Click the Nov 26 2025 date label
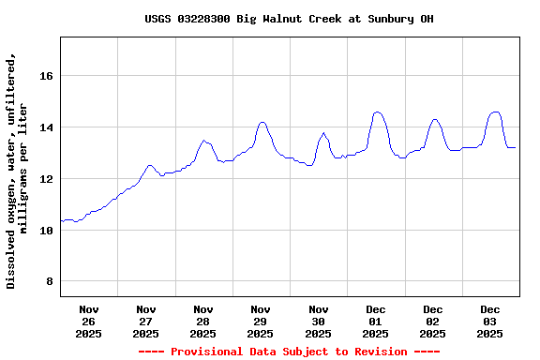(x=89, y=321)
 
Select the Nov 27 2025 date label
(x=146, y=321)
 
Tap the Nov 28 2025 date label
(x=203, y=321)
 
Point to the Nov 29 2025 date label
(x=261, y=321)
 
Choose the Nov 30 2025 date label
(x=319, y=321)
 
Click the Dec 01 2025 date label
(x=376, y=321)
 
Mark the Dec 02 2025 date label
(x=433, y=321)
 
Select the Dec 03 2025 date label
(x=490, y=321)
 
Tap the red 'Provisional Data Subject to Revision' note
(x=289, y=352)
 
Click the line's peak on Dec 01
(x=377, y=112)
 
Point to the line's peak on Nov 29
(x=262, y=122)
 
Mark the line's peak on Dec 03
(x=496, y=112)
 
